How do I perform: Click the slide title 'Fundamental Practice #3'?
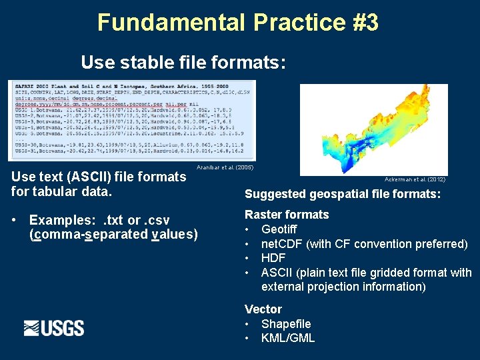tap(238, 22)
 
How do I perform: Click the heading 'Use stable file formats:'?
tap(183, 63)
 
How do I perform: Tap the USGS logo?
tap(54, 328)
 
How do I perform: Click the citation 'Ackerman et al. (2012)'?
tap(415, 179)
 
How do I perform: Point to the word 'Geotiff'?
tap(279, 229)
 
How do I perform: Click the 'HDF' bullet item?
tap(273, 258)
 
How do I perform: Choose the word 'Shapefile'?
tap(286, 324)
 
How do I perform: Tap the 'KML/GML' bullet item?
tap(288, 338)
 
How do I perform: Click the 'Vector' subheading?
tap(263, 309)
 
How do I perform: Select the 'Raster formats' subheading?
tap(287, 215)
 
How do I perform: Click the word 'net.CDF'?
tap(282, 244)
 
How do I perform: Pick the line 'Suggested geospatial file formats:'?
tap(343, 195)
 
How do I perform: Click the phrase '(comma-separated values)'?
tap(113, 234)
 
